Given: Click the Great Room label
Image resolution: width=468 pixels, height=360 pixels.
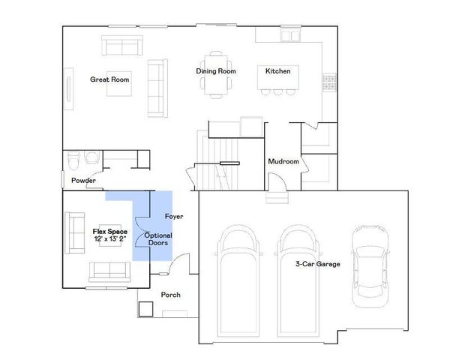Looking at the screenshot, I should (109, 79).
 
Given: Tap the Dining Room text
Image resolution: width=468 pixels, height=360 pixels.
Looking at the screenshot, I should (216, 71).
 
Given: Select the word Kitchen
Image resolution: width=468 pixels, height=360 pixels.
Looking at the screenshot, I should (277, 71).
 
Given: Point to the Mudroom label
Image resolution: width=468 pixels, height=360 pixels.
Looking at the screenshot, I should (283, 161).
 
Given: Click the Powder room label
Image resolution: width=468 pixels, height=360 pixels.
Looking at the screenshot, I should (83, 181).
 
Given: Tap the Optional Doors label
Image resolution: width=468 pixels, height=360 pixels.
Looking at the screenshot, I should (158, 239).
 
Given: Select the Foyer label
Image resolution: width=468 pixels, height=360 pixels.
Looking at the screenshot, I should (174, 217).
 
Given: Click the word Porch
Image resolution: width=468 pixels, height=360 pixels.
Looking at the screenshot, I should (170, 295).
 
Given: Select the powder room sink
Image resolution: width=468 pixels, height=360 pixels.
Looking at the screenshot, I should (92, 157).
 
